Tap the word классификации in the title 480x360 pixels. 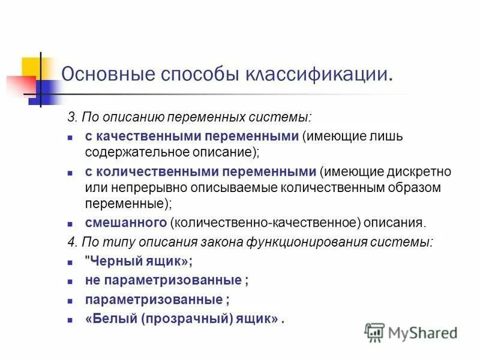(x=319, y=75)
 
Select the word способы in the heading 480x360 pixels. (x=196, y=75)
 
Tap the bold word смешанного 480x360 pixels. (x=125, y=223)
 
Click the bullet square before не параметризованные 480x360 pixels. (x=70, y=281)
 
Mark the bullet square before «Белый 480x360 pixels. (x=70, y=319)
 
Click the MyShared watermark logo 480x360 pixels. (x=412, y=332)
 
